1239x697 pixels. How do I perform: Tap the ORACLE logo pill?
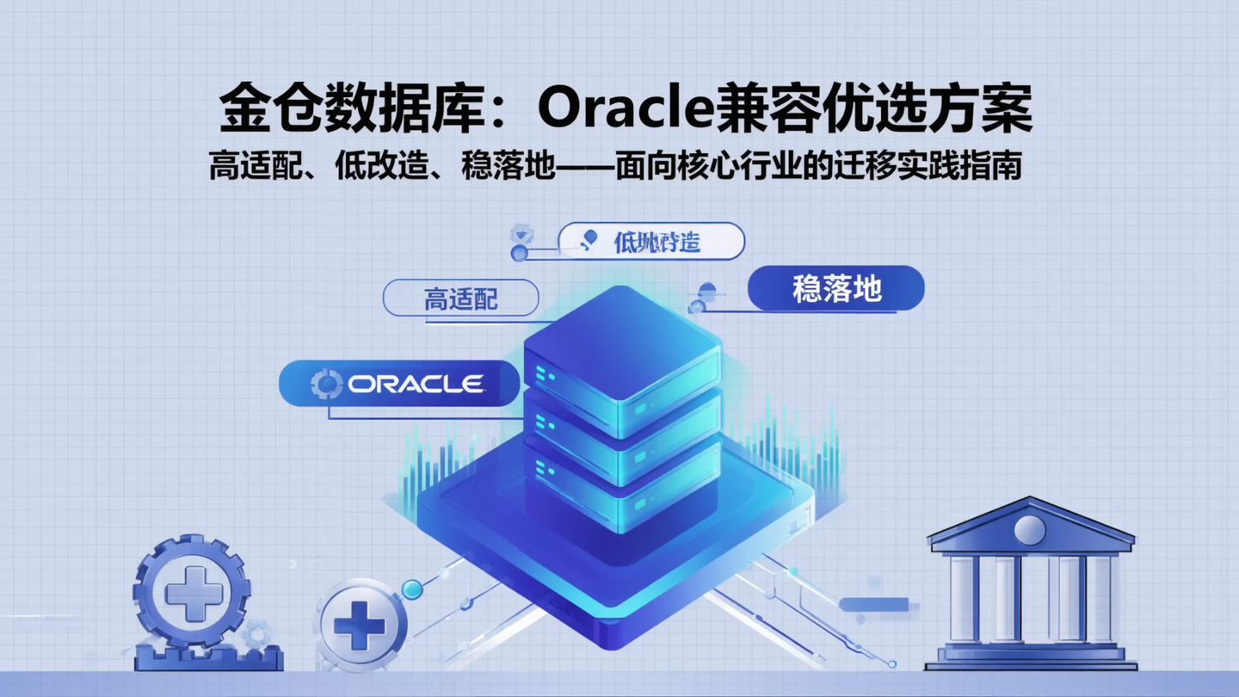(400, 384)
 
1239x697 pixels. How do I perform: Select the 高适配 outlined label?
(460, 299)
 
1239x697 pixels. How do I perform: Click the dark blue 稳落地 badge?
(836, 289)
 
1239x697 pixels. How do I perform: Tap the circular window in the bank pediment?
(1030, 529)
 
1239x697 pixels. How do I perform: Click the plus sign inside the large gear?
(194, 593)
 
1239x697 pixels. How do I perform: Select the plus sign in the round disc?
(360, 626)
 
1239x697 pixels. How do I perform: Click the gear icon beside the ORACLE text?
(326, 384)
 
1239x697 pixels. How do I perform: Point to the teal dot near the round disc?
(412, 589)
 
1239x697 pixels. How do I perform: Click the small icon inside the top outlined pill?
(589, 240)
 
